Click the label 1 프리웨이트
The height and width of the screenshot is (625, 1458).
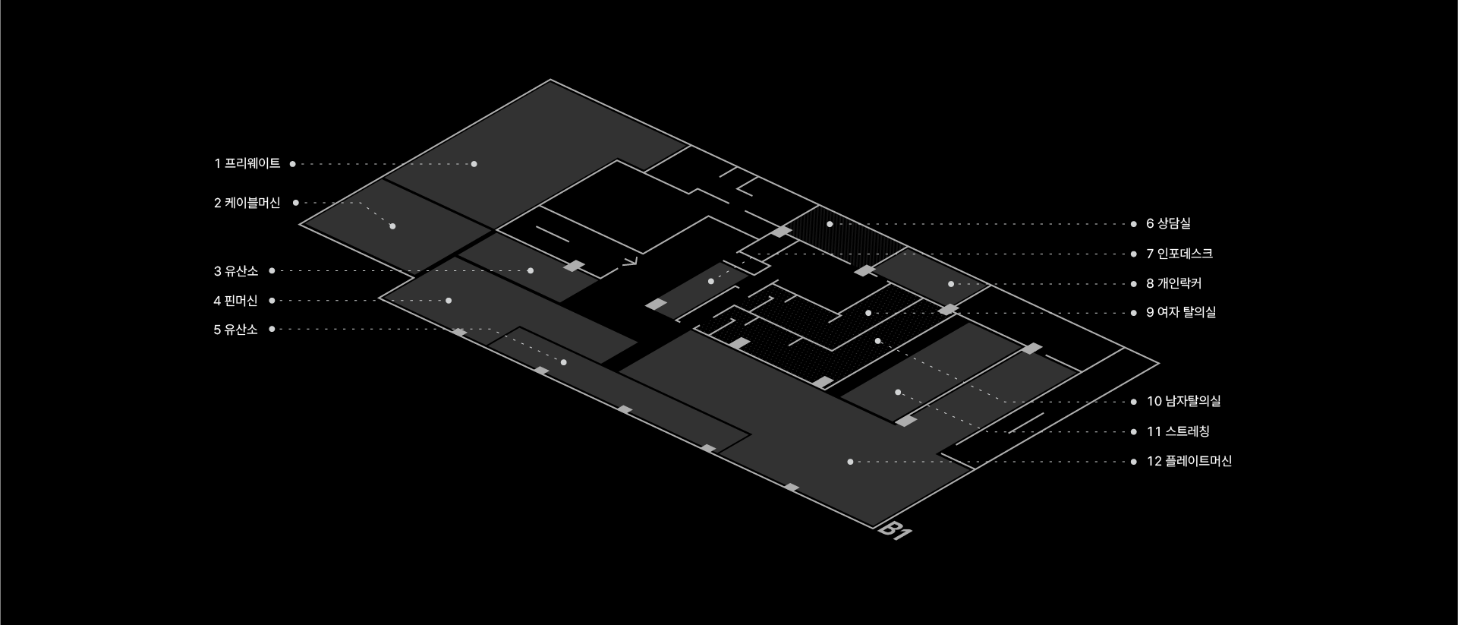247,164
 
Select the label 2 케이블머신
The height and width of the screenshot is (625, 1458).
247,204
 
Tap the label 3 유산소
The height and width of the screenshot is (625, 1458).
236,271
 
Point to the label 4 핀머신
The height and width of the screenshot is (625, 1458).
236,301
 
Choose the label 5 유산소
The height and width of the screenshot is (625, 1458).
236,330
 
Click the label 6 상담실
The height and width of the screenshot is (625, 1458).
1169,224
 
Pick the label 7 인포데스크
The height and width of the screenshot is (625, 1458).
1179,254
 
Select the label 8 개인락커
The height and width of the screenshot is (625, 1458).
1174,284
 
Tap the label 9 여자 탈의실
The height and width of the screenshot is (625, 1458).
1181,313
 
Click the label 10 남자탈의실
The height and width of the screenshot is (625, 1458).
1184,402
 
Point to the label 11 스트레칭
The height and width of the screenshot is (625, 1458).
1178,432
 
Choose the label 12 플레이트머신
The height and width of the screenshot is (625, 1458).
1189,462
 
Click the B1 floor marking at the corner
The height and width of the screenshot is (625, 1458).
895,530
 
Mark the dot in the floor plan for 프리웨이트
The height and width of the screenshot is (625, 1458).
474,164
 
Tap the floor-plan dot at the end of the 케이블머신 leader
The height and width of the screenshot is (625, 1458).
392,226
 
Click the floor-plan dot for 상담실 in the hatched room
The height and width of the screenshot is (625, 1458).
830,224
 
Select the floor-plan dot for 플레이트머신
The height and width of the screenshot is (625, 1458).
850,462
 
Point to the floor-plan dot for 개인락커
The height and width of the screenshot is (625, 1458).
951,284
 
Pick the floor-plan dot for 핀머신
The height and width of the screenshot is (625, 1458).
449,301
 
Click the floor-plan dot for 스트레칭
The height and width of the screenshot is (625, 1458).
898,393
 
